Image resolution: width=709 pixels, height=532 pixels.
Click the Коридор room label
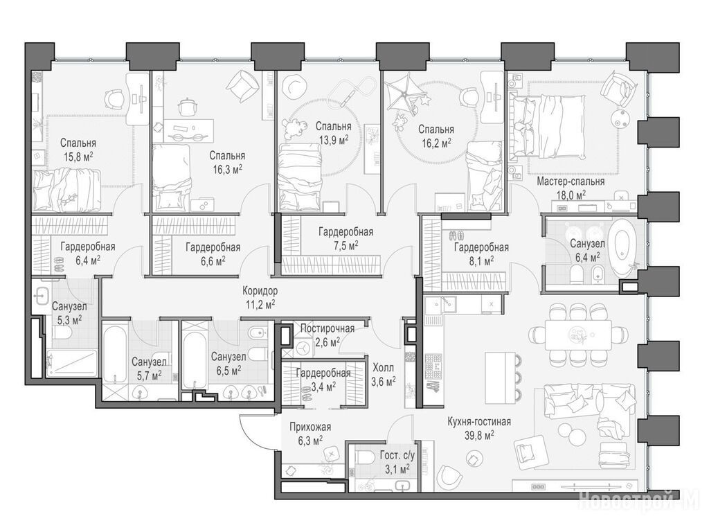[260, 290]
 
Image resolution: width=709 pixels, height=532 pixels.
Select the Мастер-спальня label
[571, 181]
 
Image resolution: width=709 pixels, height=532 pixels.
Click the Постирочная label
[327, 328]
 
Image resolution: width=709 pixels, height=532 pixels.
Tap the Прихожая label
[310, 427]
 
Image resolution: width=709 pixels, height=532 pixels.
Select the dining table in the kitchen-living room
[578, 334]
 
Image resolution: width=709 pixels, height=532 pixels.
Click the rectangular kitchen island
[500, 378]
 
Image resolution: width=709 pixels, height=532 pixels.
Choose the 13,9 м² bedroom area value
[334, 140]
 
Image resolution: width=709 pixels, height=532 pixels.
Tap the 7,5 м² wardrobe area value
[346, 245]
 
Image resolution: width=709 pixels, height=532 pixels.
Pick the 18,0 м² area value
[571, 195]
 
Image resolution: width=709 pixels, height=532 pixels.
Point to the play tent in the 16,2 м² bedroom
[405, 93]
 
